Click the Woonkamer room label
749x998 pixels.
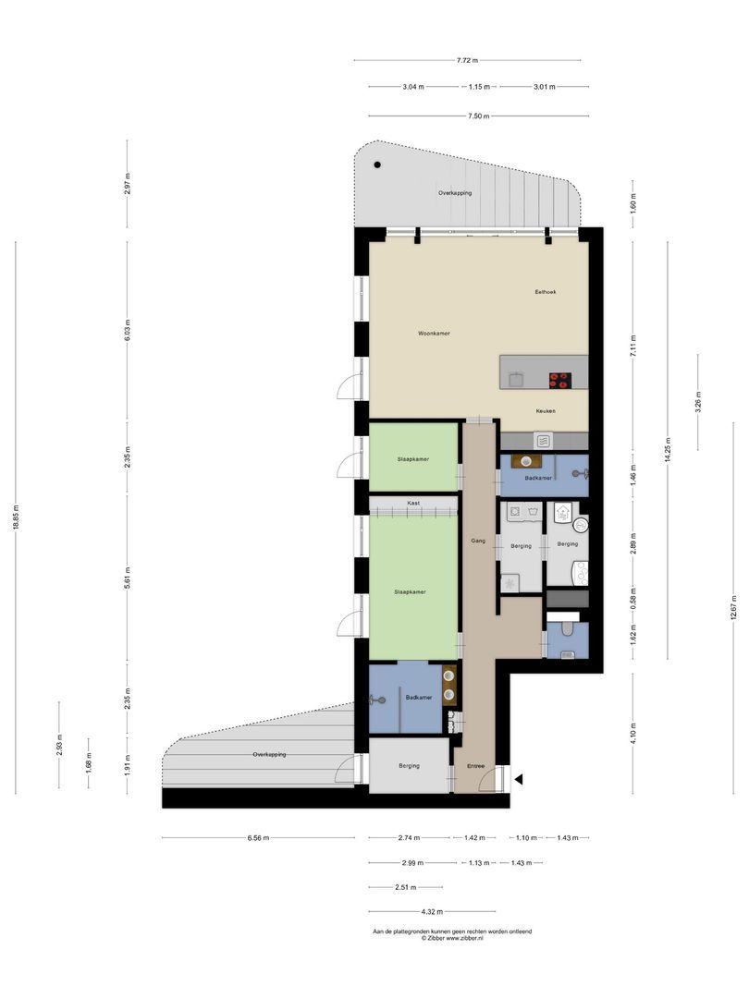point(434,333)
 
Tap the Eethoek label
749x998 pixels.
point(546,292)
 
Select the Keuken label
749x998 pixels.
point(546,410)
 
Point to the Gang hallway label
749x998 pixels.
point(478,541)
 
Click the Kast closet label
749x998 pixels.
point(413,503)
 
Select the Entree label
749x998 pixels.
point(475,766)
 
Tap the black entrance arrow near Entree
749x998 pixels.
point(519,779)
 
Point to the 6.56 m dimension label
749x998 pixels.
point(258,838)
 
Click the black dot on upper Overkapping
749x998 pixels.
point(377,164)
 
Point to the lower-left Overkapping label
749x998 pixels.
point(269,755)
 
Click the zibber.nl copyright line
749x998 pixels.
point(452,938)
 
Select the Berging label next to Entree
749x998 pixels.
point(410,766)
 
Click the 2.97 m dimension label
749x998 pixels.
point(128,184)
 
